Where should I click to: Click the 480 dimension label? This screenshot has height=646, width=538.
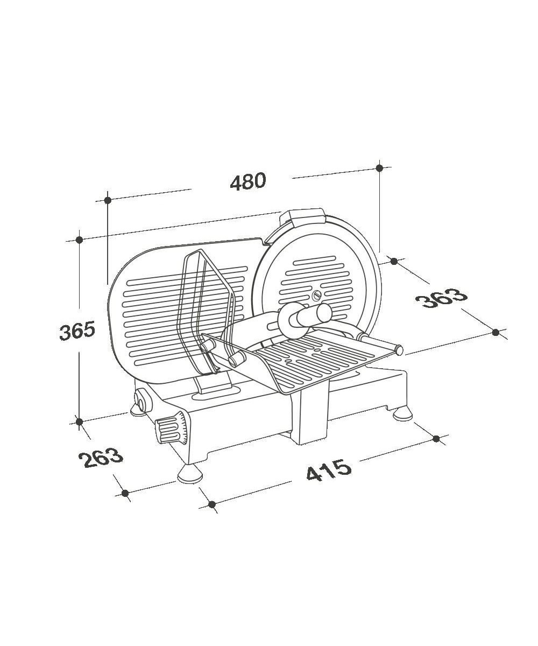point(247,181)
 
